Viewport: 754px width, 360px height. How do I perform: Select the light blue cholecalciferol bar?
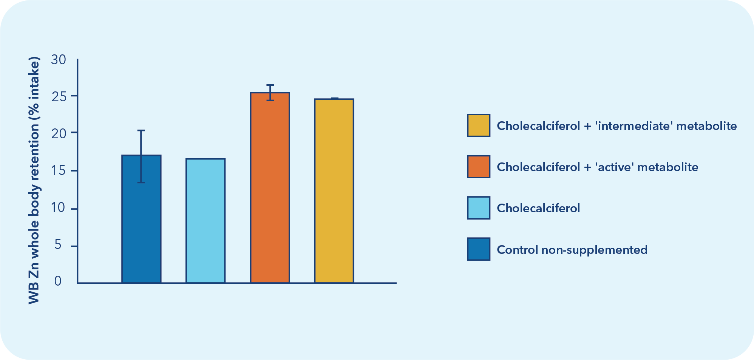205,221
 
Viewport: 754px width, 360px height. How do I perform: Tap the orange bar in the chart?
270,189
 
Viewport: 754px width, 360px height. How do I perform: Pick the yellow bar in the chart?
334,191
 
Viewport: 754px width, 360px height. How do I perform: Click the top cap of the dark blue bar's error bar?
141,131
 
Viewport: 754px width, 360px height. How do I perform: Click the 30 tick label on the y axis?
59,60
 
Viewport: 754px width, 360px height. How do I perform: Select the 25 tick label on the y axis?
59,96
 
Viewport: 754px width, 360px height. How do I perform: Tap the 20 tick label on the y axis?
59,133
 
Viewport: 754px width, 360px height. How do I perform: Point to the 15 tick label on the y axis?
59,171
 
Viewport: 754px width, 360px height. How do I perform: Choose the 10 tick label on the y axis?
59,208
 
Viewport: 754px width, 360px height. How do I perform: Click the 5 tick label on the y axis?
58,245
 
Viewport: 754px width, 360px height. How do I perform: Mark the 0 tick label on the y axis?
58,281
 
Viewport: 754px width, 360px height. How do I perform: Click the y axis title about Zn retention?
34,181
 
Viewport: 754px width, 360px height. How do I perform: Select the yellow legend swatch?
478,125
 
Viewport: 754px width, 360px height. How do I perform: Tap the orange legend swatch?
478,167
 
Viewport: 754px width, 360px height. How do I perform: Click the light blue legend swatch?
478,208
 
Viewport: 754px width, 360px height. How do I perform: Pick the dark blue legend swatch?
478,249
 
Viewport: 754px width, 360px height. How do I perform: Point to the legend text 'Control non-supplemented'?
572,250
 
